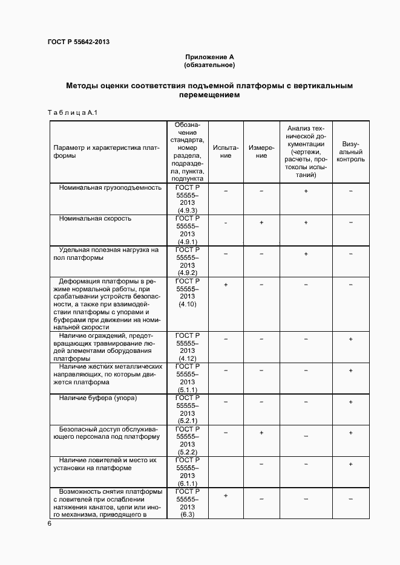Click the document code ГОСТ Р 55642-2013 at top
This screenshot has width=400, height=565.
click(78, 42)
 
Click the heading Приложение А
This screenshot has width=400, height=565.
click(209, 56)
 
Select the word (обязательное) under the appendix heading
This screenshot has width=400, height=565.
click(209, 64)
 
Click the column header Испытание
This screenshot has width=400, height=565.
click(226, 151)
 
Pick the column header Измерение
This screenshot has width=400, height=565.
click(261, 151)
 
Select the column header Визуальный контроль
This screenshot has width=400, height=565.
click(350, 152)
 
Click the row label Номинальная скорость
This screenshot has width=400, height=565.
click(95, 218)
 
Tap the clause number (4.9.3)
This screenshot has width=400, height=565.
click(188, 210)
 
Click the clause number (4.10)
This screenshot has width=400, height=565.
click(188, 305)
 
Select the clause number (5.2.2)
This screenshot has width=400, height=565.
click(188, 452)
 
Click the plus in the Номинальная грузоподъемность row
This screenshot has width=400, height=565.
click(306, 191)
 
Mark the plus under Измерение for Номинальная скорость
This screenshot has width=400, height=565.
click(261, 222)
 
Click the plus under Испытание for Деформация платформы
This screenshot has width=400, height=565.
click(226, 285)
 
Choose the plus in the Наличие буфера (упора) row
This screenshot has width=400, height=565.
click(350, 402)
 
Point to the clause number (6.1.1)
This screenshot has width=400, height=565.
click(188, 483)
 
